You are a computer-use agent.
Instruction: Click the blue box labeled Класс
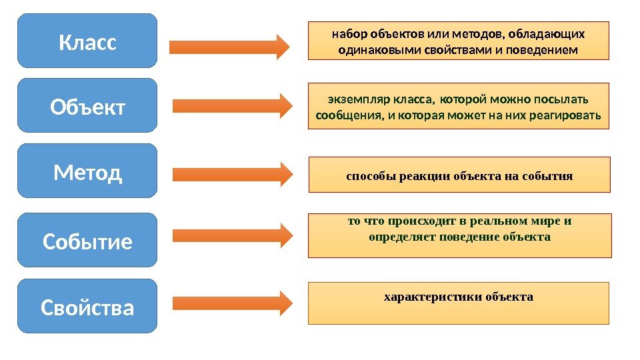87,41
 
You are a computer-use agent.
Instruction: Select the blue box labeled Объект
87,105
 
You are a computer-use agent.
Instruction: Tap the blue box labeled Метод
87,171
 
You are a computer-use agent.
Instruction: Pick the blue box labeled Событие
87,241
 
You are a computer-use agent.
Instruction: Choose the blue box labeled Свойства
87,307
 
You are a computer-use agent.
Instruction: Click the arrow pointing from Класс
229,47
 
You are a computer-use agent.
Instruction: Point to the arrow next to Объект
232,105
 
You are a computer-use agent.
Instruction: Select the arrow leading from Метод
232,175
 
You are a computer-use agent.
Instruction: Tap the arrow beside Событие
232,235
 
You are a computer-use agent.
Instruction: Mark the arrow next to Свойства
232,303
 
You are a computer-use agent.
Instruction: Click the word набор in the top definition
347,34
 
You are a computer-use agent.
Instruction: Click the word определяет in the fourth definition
401,237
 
